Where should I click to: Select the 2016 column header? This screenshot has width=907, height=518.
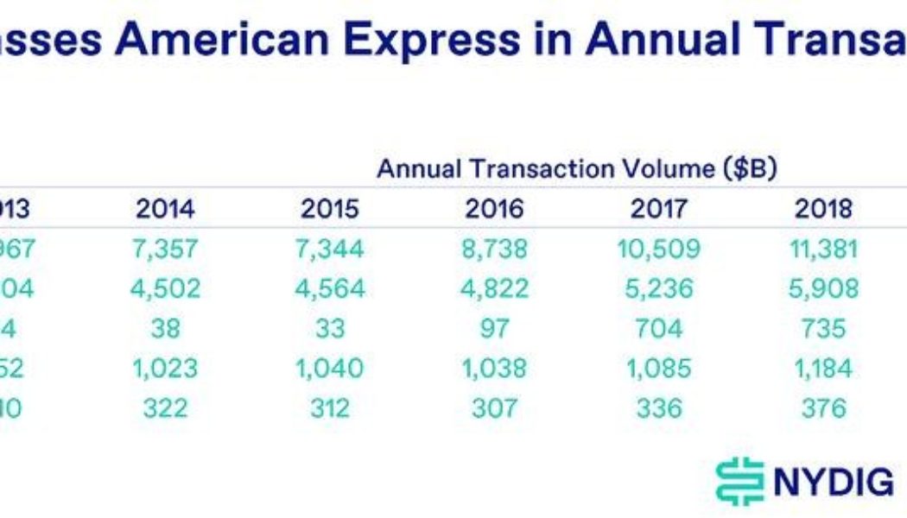click(494, 209)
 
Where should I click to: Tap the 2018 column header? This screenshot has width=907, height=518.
click(823, 209)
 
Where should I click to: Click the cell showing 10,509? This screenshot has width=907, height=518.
click(658, 250)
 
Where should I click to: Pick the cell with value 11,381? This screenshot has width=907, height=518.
click(823, 250)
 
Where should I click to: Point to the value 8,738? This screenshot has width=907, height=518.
click(494, 250)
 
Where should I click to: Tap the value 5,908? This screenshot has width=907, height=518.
click(823, 288)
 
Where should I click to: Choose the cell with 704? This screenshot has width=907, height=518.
click(658, 329)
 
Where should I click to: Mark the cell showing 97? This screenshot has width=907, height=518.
click(494, 329)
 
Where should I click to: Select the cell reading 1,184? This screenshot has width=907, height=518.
click(823, 369)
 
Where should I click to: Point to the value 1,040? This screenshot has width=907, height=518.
click(329, 369)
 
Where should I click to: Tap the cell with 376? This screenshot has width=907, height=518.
click(823, 407)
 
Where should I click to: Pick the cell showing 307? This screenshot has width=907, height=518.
click(494, 407)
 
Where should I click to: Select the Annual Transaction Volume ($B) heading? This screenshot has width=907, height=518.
click(577, 169)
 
